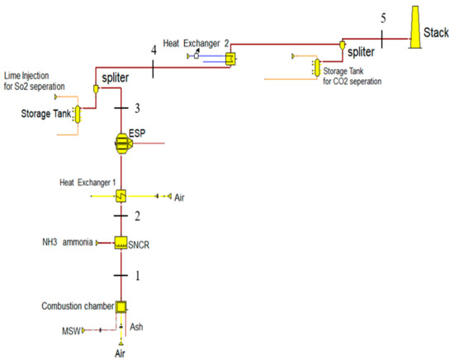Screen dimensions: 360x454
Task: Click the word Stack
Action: point(436,34)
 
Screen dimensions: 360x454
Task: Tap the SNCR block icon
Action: point(121,244)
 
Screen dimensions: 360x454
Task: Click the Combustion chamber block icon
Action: point(121,306)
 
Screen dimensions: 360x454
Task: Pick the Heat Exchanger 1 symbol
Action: point(121,197)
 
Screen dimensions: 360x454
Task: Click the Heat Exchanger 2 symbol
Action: point(230,58)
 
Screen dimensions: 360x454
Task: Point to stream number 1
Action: point(138,275)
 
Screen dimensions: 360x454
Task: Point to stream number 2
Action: point(139,217)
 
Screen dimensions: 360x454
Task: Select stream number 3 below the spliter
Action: point(138,108)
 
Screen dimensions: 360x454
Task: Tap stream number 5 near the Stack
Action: point(383,17)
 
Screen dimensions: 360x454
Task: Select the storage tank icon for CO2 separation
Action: point(314,65)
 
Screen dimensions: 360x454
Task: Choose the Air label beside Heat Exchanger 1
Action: point(180,197)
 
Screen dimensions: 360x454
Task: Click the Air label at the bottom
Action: point(121,351)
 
